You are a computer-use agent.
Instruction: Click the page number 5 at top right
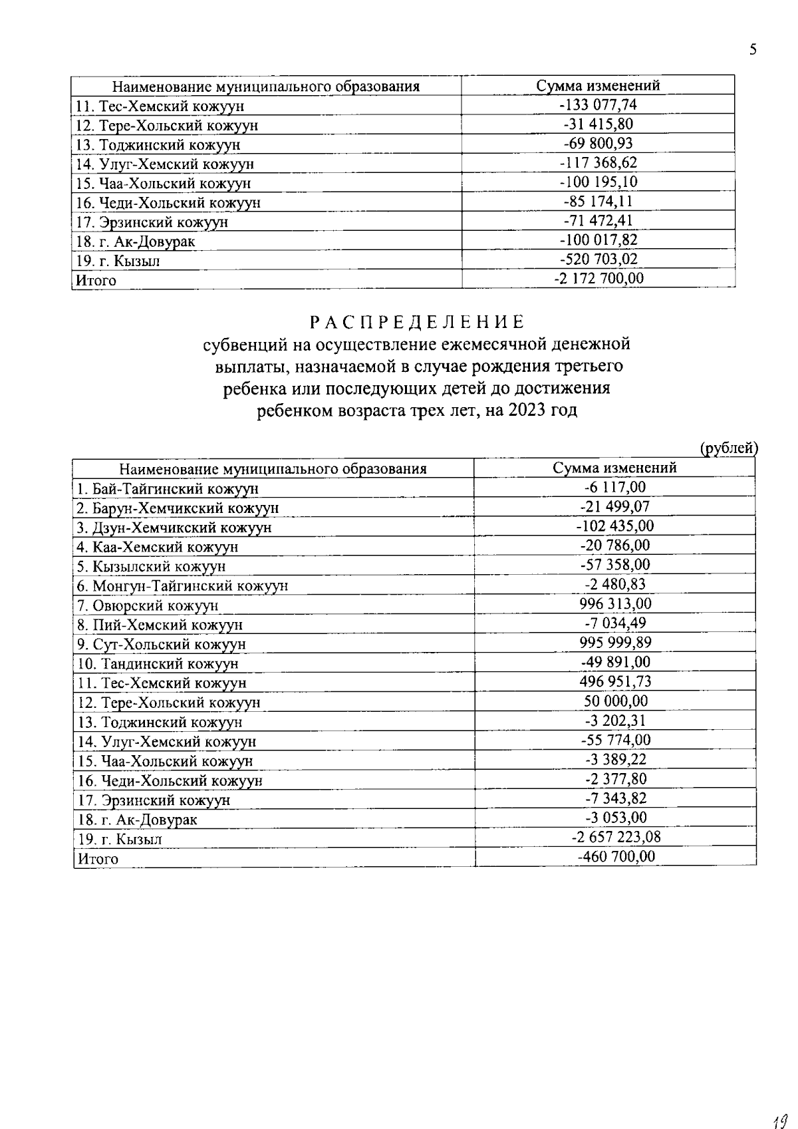753,50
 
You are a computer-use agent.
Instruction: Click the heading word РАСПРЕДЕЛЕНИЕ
418,323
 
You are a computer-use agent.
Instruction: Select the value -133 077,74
598,104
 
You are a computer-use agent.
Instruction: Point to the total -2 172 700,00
598,278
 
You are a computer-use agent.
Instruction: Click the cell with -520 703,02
598,259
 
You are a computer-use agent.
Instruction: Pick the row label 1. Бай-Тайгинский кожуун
168,489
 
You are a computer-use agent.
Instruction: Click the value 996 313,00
615,603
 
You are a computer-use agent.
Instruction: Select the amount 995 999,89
615,642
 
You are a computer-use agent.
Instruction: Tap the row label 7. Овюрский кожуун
148,605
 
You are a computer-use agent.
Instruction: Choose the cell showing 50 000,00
615,701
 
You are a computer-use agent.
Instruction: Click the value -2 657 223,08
615,836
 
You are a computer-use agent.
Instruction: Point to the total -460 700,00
615,856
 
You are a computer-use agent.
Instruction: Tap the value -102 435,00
615,526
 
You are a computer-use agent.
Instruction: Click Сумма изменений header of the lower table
615,468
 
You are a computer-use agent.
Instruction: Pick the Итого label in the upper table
96,281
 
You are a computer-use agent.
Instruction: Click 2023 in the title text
527,410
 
